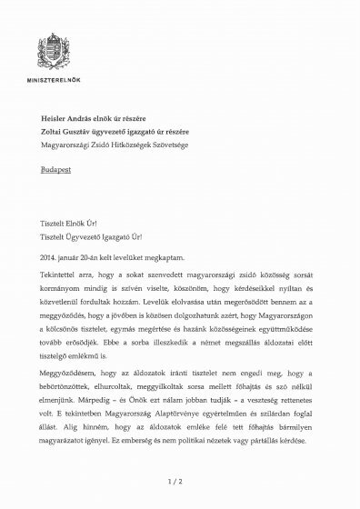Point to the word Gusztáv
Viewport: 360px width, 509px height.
105,131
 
